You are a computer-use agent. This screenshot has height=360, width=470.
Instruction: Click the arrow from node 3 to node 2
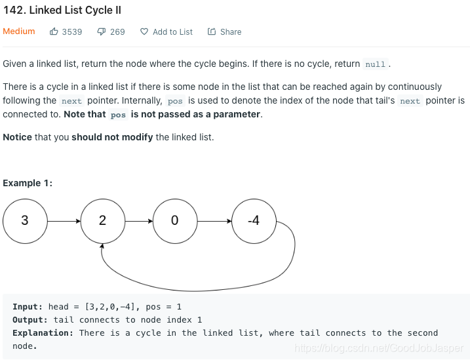coord(64,221)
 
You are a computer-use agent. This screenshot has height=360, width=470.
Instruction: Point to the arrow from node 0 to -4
coord(214,221)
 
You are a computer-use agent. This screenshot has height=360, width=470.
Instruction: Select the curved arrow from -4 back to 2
coord(195,290)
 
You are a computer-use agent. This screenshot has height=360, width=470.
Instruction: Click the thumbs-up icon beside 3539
coord(54,31)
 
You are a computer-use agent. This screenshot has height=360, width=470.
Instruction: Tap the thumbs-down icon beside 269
coord(102,31)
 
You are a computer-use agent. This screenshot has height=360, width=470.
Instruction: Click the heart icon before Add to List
coord(144,31)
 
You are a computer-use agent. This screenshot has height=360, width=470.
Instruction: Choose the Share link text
coord(231,31)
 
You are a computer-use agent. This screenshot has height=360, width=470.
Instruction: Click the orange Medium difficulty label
coord(19,31)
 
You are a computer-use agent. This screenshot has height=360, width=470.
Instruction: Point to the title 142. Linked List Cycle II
coord(62,10)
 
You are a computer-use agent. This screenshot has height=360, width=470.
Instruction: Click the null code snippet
coord(376,64)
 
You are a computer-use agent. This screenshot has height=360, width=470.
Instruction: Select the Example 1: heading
coord(28,183)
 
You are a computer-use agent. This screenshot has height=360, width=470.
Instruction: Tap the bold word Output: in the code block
coord(30,320)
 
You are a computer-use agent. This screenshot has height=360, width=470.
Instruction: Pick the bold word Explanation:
coord(43,333)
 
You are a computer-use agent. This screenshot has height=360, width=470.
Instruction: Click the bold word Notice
coord(18,137)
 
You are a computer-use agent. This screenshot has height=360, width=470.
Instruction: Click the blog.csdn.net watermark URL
coord(379,348)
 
